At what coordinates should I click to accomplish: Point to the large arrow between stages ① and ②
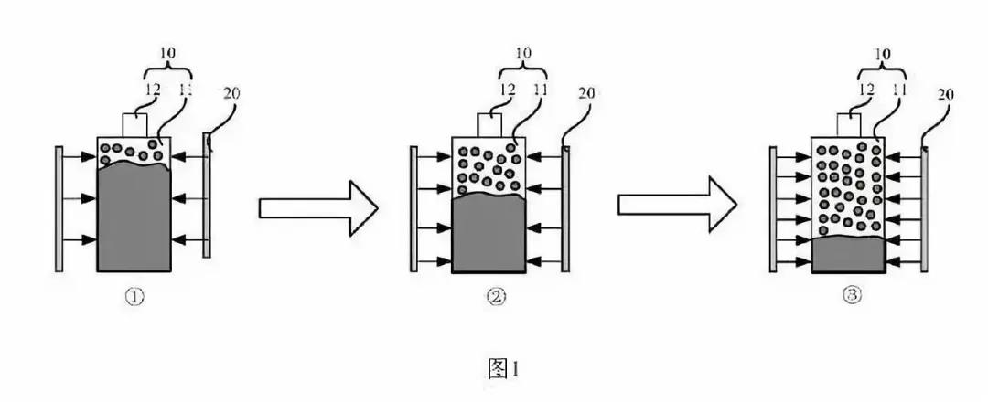pos(317,207)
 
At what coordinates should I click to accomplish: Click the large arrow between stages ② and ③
pos(675,207)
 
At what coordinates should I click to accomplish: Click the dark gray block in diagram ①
pos(133,219)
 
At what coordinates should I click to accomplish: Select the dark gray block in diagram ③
pos(848,253)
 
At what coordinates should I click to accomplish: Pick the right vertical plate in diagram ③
pos(926,208)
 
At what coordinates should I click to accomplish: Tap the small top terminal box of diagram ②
pos(489,125)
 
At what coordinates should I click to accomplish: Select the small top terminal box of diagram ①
pos(134,125)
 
